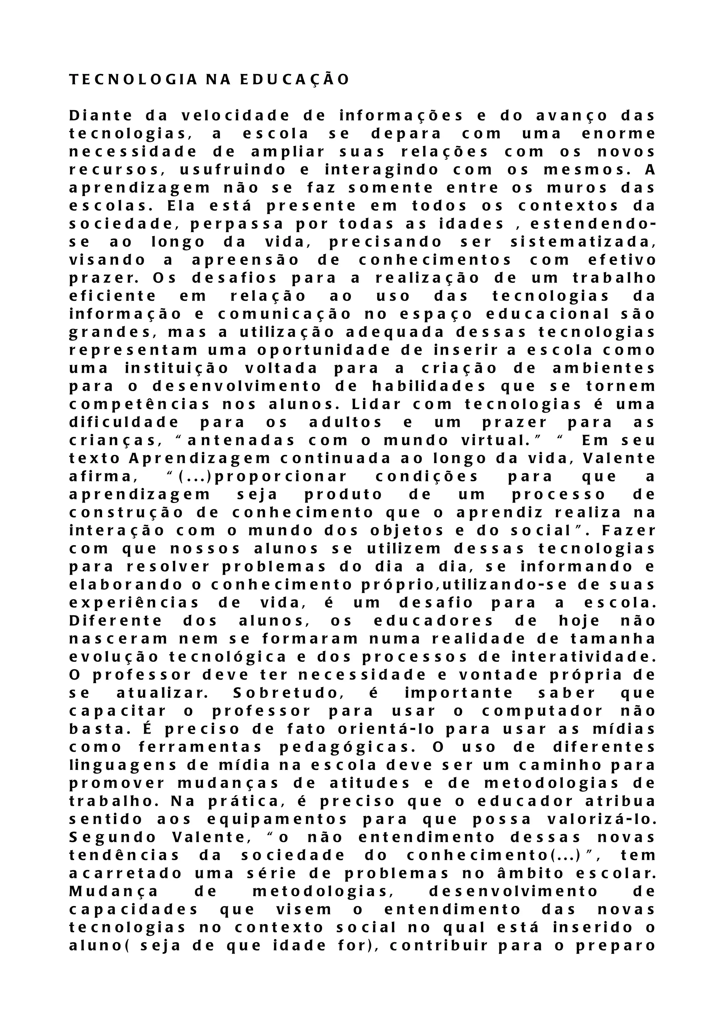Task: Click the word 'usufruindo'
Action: [x=233, y=170]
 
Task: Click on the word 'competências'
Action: [x=139, y=404]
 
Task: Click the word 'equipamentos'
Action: [x=277, y=820]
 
